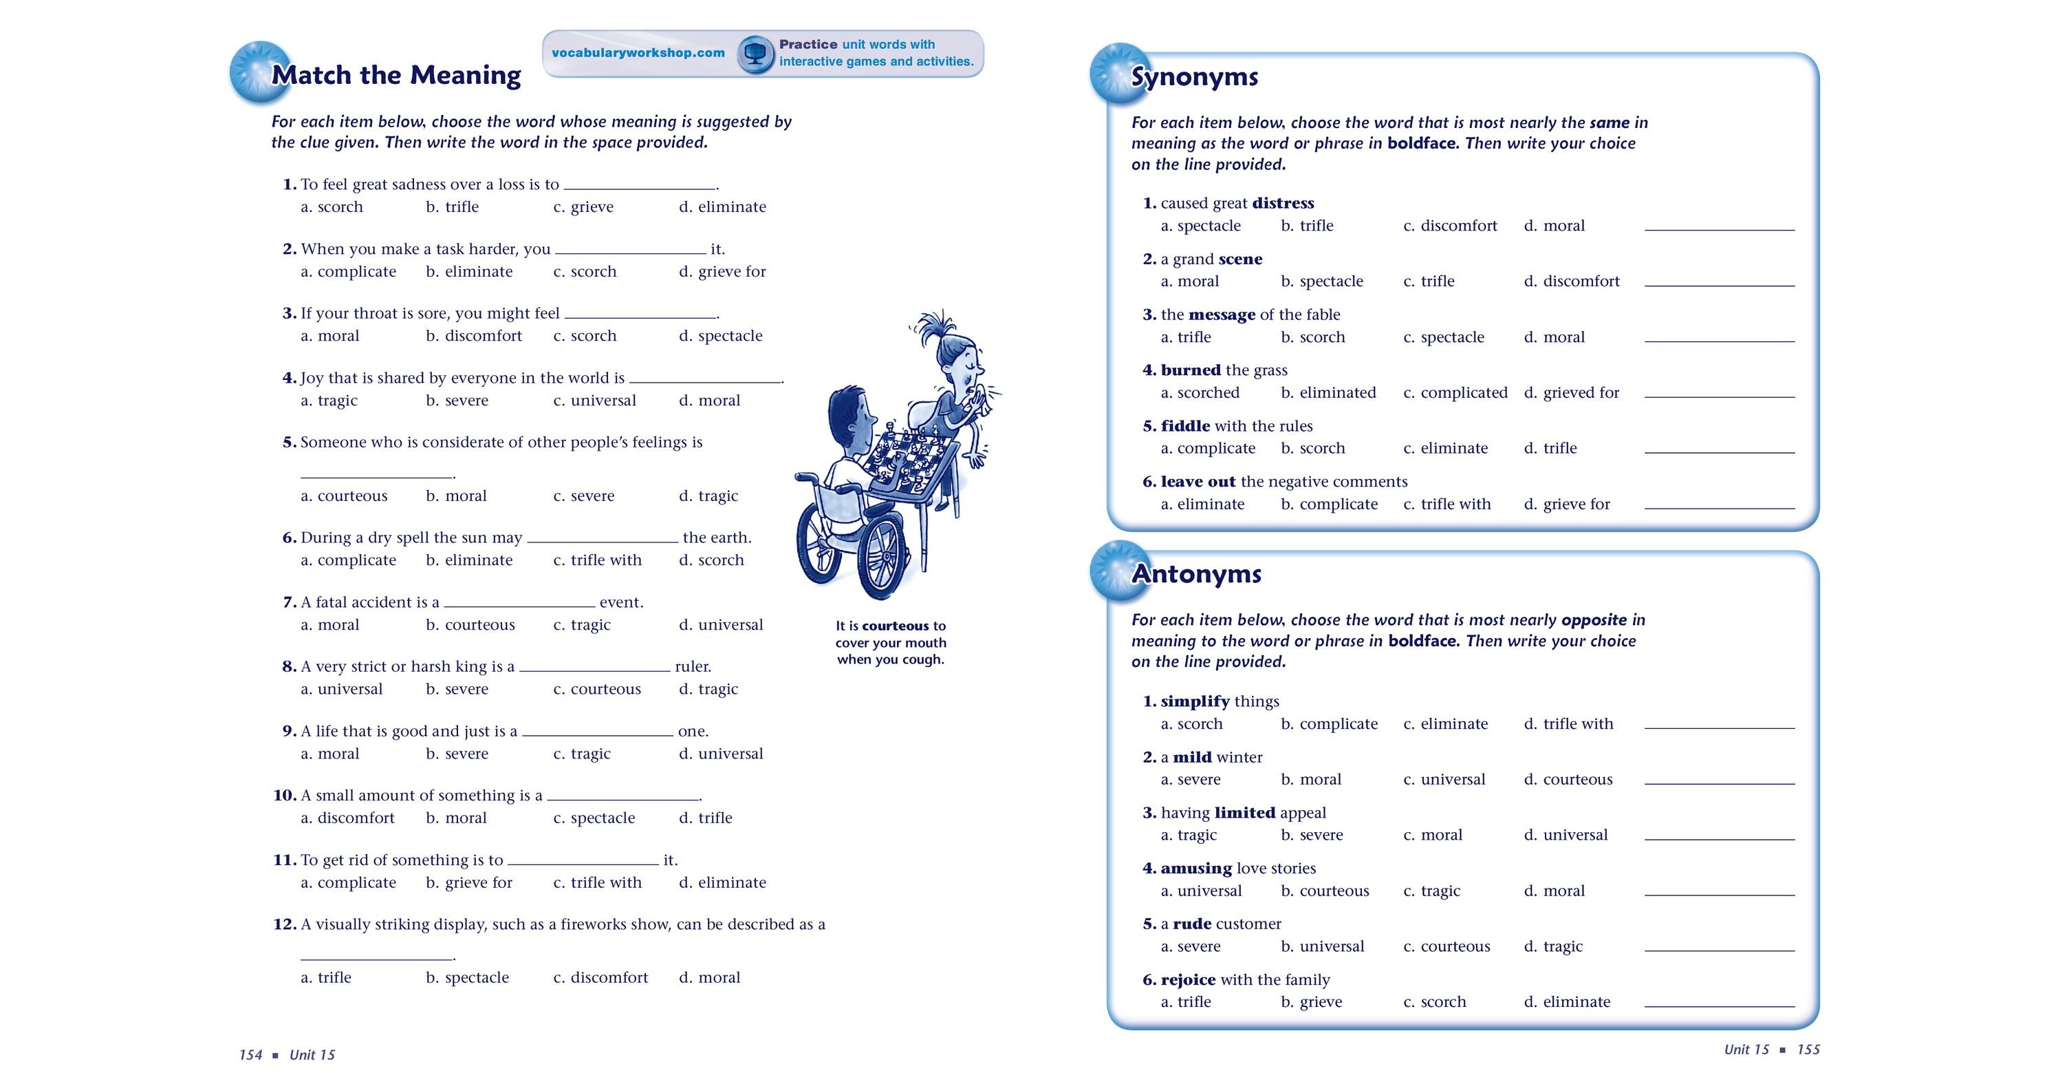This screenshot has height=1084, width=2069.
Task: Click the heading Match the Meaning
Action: (x=396, y=75)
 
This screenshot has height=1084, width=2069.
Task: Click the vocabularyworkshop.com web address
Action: (x=638, y=53)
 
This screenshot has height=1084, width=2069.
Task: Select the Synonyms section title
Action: (x=1194, y=77)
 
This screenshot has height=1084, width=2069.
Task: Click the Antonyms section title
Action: (x=1196, y=574)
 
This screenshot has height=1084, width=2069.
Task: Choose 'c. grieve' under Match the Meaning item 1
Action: (x=583, y=207)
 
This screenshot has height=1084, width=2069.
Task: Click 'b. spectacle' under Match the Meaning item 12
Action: (x=468, y=978)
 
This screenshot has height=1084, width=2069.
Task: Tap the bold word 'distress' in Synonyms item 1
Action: (x=1283, y=203)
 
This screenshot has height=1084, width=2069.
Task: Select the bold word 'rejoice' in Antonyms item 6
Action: (x=1188, y=979)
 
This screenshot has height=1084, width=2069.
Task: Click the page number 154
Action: (x=250, y=1055)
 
